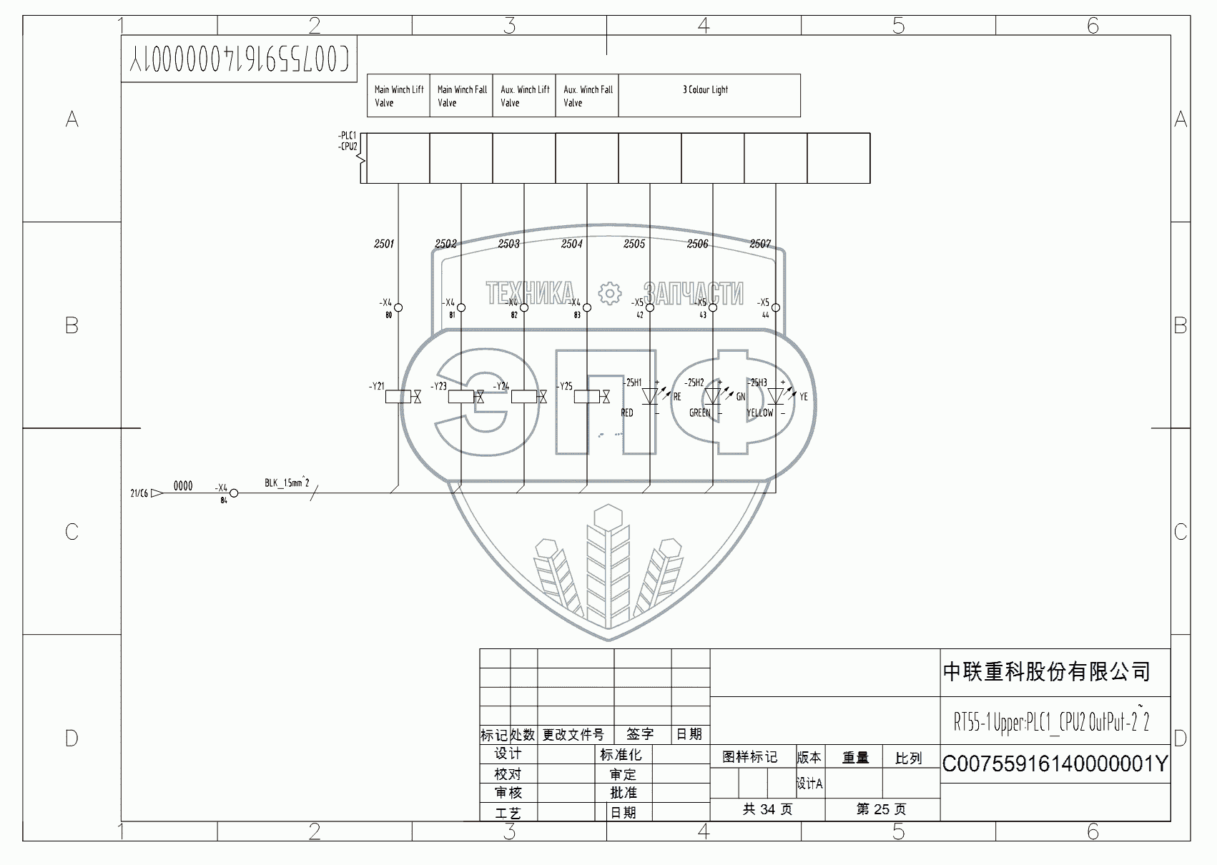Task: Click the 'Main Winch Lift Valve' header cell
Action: [x=398, y=96]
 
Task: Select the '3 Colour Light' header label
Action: [x=705, y=90]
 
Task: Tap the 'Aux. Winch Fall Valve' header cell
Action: [x=587, y=96]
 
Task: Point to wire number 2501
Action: [x=384, y=244]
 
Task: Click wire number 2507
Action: [x=760, y=244]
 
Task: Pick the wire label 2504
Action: [x=572, y=244]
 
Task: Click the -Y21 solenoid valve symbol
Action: [x=399, y=396]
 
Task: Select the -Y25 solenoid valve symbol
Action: [x=588, y=396]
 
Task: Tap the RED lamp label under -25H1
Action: [x=627, y=412]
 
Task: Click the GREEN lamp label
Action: [x=699, y=412]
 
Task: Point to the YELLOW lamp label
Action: [x=759, y=412]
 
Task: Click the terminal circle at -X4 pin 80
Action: [x=398, y=308]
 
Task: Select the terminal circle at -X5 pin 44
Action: [x=776, y=308]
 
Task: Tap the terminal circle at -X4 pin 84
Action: [x=233, y=493]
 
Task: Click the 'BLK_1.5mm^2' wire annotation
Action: [x=287, y=483]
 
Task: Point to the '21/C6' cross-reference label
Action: [x=139, y=493]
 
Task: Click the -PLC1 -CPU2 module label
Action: [x=348, y=141]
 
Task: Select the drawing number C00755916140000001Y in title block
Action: [x=1055, y=764]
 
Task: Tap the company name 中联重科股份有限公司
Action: [x=1046, y=672]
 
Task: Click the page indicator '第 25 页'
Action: [x=881, y=809]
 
